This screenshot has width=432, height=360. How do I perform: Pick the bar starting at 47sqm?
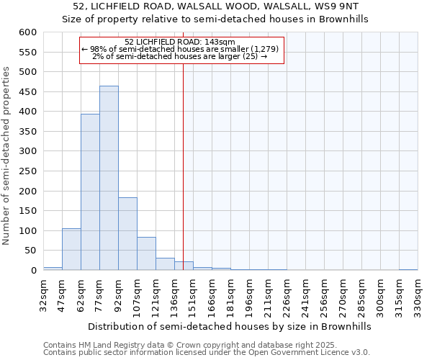click(71, 249)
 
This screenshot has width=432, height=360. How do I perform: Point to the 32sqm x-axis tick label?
click(44, 295)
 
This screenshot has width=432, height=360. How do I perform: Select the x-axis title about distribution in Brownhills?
click(230, 326)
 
